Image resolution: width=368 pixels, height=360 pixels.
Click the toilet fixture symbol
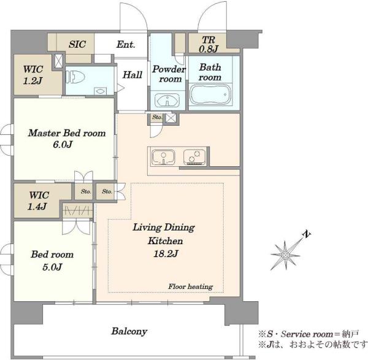[75, 77]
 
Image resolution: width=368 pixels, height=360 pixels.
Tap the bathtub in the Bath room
[210, 94]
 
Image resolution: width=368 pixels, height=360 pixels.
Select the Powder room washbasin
[167, 100]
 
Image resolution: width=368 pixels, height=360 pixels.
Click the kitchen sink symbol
[163, 157]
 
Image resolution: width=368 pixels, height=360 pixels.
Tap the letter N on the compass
[307, 234]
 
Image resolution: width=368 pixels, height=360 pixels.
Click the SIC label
[77, 44]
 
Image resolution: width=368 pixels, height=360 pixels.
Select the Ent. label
[126, 44]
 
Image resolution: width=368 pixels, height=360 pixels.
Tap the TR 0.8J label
[209, 44]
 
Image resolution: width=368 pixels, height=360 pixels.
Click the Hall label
[132, 75]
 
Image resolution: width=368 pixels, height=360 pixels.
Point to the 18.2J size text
[166, 253]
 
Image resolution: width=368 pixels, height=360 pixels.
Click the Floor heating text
[191, 286]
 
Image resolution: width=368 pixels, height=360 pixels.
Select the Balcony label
[129, 331]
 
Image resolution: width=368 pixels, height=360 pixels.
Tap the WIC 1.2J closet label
[33, 75]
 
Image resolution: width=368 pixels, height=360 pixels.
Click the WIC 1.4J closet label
[38, 201]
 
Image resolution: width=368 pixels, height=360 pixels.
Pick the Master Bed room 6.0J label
[67, 139]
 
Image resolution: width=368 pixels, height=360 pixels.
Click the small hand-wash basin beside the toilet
[101, 91]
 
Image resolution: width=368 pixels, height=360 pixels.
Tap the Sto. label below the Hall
[157, 117]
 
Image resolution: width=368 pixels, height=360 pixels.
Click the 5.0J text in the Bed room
[52, 267]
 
